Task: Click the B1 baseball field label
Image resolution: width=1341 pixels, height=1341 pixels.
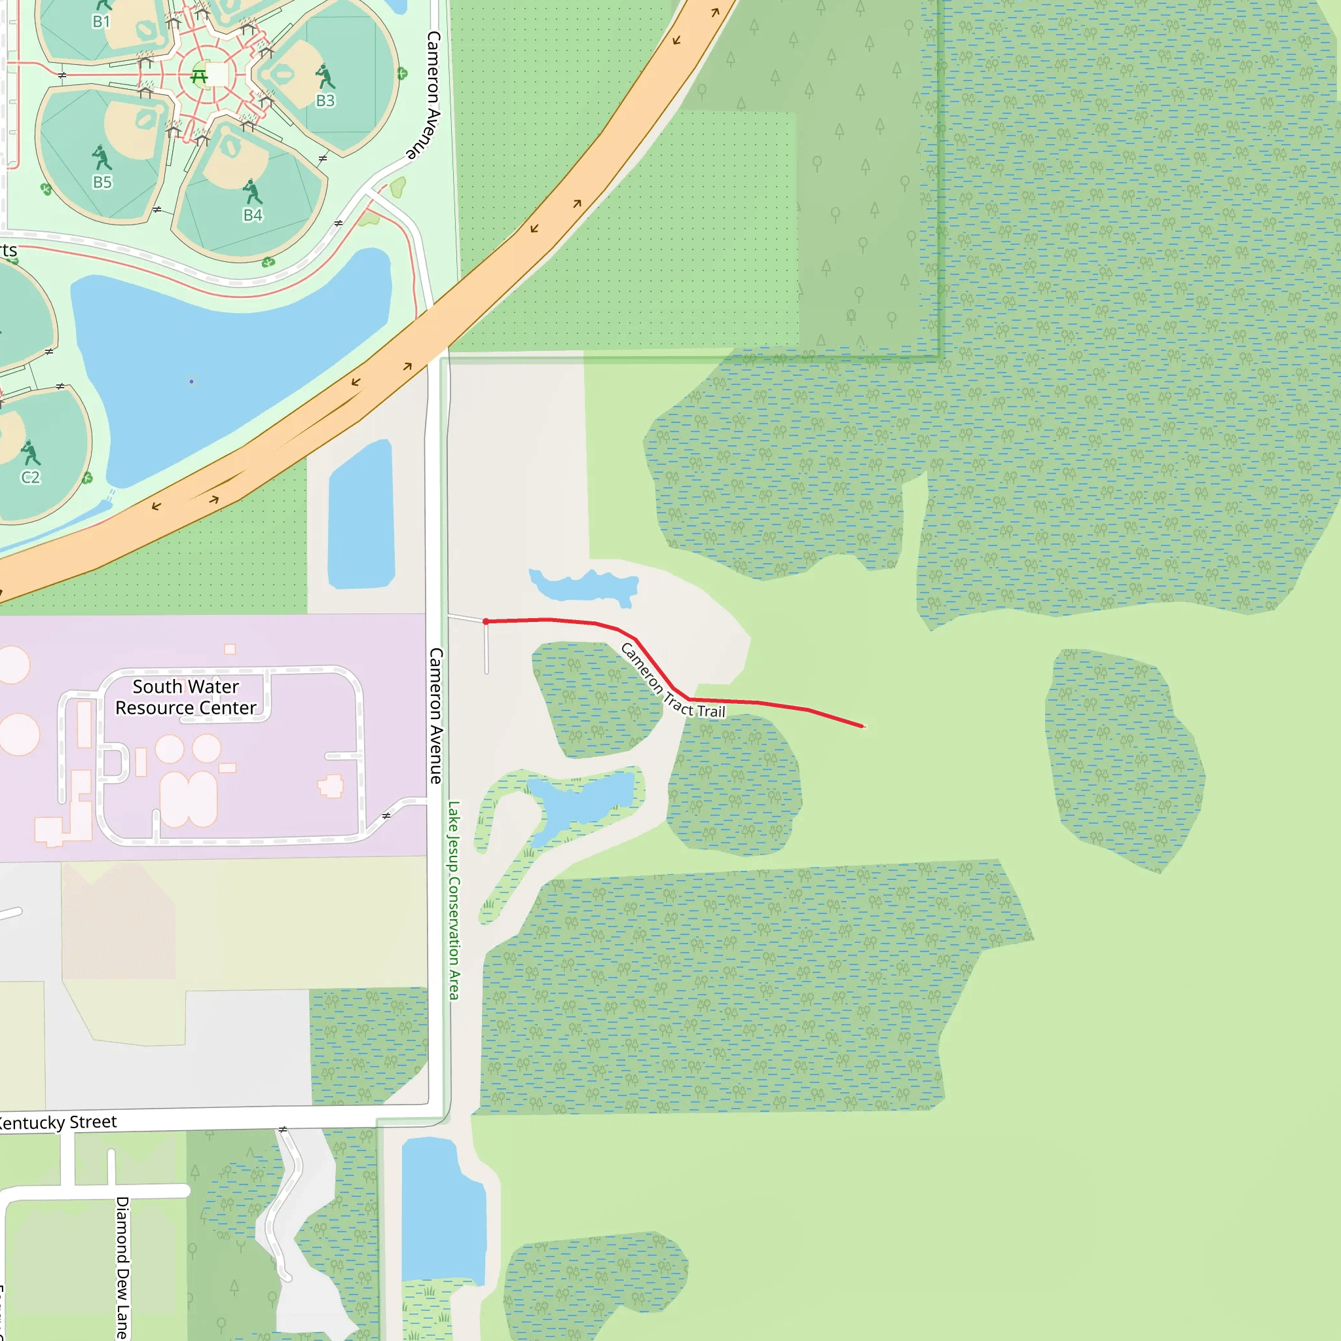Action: click(x=101, y=22)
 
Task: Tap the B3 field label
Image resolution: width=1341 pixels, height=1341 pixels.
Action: click(x=325, y=101)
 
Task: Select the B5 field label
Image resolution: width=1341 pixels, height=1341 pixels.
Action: click(x=102, y=182)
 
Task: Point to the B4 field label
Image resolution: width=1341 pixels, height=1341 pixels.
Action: click(x=253, y=215)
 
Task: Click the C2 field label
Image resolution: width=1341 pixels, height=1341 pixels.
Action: click(x=31, y=477)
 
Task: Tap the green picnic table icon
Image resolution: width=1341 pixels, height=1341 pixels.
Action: click(x=199, y=76)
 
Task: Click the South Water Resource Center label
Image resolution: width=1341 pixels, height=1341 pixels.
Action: click(x=186, y=697)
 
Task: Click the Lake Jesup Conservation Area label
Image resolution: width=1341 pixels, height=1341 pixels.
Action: click(x=453, y=900)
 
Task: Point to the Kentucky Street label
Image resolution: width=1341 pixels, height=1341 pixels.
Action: click(x=58, y=1122)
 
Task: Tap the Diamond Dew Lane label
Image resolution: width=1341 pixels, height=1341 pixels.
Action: click(x=122, y=1267)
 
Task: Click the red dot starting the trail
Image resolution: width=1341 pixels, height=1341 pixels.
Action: click(x=486, y=622)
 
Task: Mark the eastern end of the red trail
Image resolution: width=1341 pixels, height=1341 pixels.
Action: click(x=863, y=727)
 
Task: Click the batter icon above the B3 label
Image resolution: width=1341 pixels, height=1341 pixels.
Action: click(x=324, y=77)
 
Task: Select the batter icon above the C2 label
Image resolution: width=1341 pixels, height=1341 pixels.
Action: click(x=30, y=452)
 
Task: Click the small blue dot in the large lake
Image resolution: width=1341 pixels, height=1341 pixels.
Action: click(x=192, y=381)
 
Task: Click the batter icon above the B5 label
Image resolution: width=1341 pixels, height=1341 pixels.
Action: click(x=102, y=158)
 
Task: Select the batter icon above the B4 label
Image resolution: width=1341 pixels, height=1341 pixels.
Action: click(x=252, y=192)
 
